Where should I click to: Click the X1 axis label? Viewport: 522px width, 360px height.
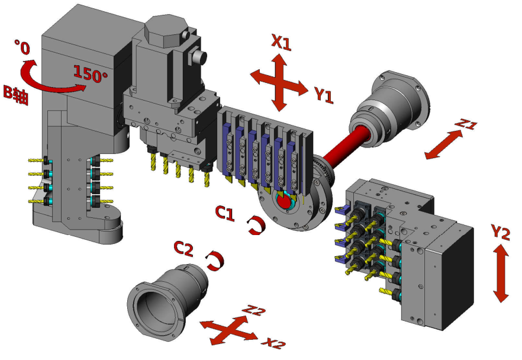point(281,42)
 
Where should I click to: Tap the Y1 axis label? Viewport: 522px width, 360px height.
point(324,95)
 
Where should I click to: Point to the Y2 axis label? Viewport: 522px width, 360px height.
point(500,232)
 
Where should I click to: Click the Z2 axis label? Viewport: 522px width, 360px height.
point(254,310)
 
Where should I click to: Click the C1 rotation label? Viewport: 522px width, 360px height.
point(225,213)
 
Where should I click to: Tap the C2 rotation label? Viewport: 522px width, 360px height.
point(183,249)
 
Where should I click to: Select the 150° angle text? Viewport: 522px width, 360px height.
point(90,74)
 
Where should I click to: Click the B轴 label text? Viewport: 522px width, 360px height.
point(15,95)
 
